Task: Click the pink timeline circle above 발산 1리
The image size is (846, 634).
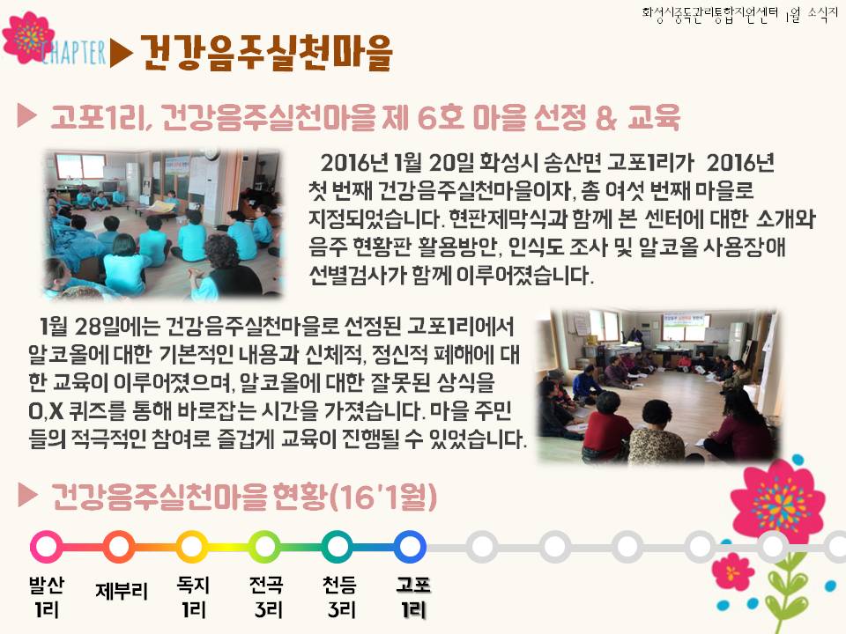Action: (47, 546)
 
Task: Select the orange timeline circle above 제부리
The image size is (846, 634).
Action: (119, 546)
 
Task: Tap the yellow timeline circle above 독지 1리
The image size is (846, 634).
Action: (191, 546)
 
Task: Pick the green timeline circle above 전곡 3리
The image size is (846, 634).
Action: (265, 546)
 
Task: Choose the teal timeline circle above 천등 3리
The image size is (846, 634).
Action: (338, 546)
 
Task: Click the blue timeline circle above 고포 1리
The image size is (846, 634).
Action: (410, 546)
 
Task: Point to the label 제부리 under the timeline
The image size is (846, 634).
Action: (122, 591)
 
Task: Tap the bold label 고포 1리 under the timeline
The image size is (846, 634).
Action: (413, 597)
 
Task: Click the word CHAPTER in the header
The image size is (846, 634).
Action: (74, 54)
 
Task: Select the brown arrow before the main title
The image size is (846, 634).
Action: (122, 54)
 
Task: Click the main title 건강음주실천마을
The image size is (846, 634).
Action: (266, 53)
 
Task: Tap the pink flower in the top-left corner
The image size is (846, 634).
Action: (27, 37)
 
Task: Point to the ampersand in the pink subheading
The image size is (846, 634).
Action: (605, 117)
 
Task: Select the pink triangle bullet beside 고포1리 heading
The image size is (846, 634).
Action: (26, 115)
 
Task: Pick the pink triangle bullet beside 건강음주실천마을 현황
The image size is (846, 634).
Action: (27, 495)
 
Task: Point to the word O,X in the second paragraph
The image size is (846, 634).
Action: (46, 412)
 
